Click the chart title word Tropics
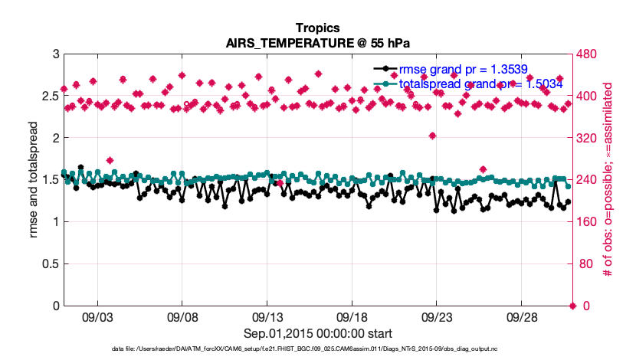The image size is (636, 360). (317, 28)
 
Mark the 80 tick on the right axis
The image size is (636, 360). (585, 263)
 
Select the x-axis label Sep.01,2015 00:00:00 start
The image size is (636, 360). (317, 333)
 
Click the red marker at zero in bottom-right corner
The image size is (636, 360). (572, 306)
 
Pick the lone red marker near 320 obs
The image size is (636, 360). (432, 136)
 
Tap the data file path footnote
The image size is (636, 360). (317, 349)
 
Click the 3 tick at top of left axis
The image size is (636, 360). (55, 54)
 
